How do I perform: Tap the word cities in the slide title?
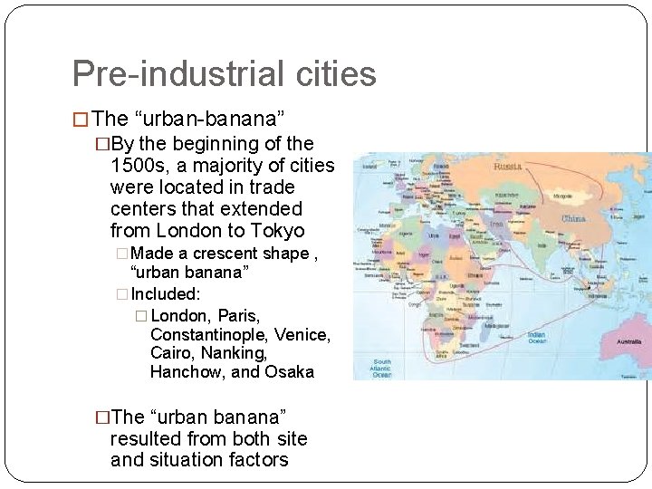[x=331, y=73]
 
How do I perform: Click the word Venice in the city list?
[x=303, y=335]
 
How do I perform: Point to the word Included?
[x=167, y=294]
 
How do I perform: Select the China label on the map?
[x=574, y=218]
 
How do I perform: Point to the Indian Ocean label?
[x=536, y=338]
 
